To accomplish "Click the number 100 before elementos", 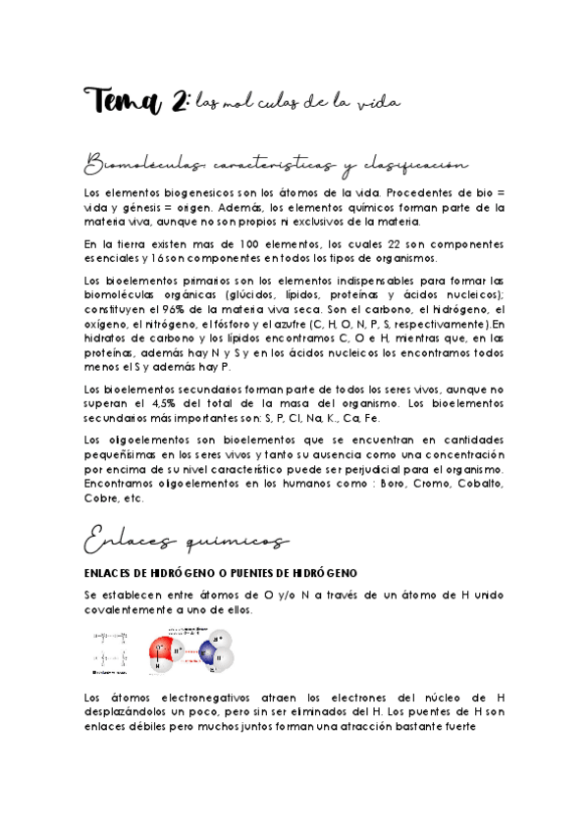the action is click(233, 244).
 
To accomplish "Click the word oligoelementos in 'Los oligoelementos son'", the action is click(141, 437).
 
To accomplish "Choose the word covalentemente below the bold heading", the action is click(136, 609).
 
